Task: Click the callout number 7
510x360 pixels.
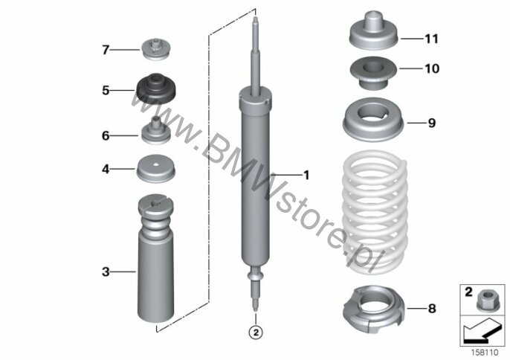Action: tap(106, 50)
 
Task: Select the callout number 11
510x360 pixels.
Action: tap(432, 39)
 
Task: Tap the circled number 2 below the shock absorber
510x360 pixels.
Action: tap(256, 332)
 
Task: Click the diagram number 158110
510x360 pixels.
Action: tap(485, 352)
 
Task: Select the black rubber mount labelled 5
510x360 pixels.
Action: tap(156, 89)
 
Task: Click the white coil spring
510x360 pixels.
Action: tap(375, 211)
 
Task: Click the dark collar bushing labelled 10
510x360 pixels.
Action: tap(373, 74)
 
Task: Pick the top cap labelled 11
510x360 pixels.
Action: tap(374, 30)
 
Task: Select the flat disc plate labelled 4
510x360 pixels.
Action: tap(156, 169)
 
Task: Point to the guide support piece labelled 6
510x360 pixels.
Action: tap(156, 130)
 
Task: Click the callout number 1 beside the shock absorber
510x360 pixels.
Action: tap(306, 175)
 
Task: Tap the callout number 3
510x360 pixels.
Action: tap(106, 271)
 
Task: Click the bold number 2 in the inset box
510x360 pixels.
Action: tap(468, 292)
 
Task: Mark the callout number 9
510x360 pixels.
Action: tap(432, 123)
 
